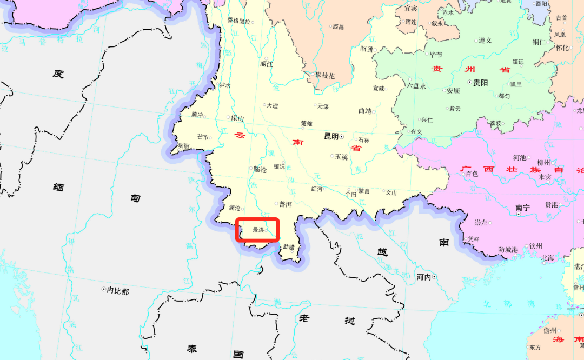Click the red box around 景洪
pyautogui.click(x=257, y=230)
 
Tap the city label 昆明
pyautogui.click(x=330, y=137)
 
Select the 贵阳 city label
pyautogui.click(x=480, y=83)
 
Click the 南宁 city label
pyautogui.click(x=523, y=207)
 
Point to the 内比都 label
pyautogui.click(x=118, y=291)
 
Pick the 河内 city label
pyautogui.click(x=423, y=277)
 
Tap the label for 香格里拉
pyautogui.click(x=238, y=21)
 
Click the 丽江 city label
pyautogui.click(x=267, y=64)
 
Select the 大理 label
pyautogui.click(x=272, y=106)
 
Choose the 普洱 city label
pyautogui.click(x=285, y=204)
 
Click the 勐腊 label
pyautogui.click(x=289, y=246)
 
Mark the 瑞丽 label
pyautogui.click(x=183, y=146)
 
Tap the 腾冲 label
pyautogui.click(x=197, y=115)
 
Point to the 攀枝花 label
pyautogui.click(x=326, y=75)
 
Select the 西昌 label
pyautogui.click(x=338, y=26)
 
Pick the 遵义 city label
pyautogui.click(x=485, y=41)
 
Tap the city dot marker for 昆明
pyautogui.click(x=342, y=137)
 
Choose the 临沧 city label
pyautogui.click(x=260, y=169)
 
